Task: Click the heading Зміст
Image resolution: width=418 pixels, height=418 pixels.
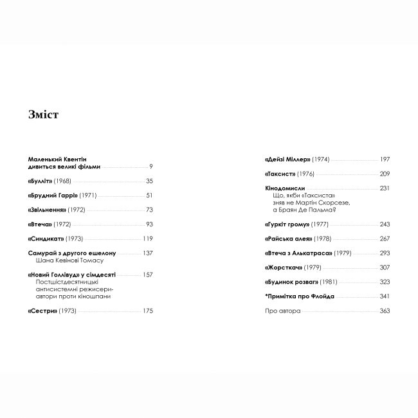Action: click(x=44, y=115)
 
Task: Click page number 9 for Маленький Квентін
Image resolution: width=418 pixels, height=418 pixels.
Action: click(x=150, y=167)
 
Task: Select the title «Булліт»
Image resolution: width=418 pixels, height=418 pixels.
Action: click(x=41, y=181)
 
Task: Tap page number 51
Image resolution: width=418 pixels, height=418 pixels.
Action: click(x=149, y=195)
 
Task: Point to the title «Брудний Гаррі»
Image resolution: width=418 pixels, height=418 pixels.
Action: click(x=53, y=195)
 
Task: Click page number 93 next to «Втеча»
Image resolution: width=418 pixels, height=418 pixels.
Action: click(x=149, y=224)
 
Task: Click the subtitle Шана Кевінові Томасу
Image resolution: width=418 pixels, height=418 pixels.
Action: click(x=71, y=260)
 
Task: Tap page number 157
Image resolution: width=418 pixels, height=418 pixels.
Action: click(x=147, y=275)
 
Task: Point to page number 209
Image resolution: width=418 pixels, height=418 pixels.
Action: click(x=385, y=174)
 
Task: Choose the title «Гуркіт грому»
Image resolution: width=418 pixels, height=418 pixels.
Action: click(x=287, y=224)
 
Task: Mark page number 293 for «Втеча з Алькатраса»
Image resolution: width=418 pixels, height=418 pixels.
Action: click(x=385, y=253)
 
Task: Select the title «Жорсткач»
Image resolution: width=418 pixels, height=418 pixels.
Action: click(x=284, y=268)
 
